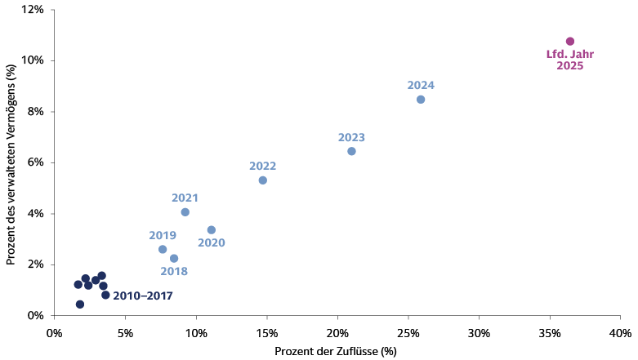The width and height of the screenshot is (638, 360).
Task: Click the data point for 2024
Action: (x=421, y=100)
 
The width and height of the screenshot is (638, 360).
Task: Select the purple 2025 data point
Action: (x=570, y=42)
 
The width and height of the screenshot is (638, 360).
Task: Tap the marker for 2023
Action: (x=351, y=151)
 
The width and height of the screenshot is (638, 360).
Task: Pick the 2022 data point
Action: (x=262, y=180)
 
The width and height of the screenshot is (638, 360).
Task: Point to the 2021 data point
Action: (x=185, y=212)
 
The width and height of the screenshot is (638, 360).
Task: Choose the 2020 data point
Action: (x=211, y=230)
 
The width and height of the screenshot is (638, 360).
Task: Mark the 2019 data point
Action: (x=163, y=250)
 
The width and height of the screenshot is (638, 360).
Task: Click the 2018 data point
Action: (x=174, y=259)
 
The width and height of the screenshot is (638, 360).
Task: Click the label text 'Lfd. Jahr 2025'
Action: (x=570, y=60)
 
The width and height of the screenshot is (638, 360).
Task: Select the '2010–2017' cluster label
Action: (x=143, y=296)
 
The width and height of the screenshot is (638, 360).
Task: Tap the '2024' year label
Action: (x=421, y=85)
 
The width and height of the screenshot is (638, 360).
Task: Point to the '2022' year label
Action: (x=262, y=166)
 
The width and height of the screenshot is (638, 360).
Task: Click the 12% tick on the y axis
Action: (x=33, y=10)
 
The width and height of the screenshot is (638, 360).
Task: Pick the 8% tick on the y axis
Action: (x=35, y=112)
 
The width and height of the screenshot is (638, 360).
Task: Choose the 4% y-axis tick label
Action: (x=35, y=214)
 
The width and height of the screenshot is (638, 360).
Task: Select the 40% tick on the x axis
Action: (x=620, y=333)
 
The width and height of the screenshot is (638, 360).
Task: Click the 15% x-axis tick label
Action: (x=266, y=333)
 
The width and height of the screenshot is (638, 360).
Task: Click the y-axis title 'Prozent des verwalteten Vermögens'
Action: (x=11, y=163)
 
